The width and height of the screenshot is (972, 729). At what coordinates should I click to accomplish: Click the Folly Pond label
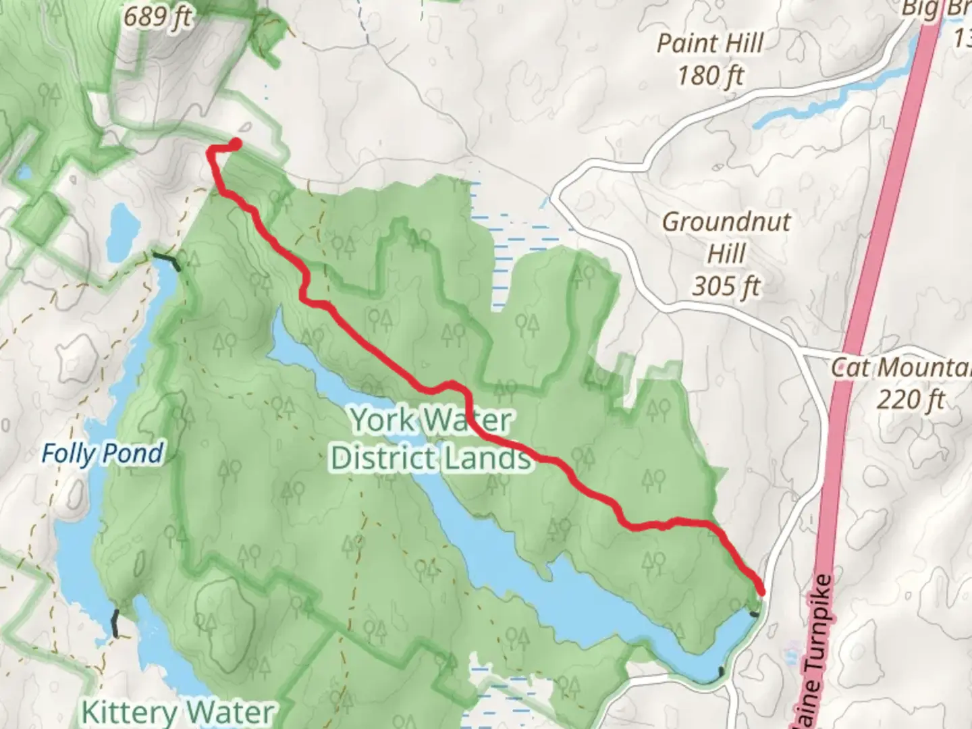102,454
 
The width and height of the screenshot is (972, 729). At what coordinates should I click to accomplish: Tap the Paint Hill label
710,44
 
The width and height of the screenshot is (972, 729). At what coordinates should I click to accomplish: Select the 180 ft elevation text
710,76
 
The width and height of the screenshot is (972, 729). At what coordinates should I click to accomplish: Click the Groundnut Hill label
726,238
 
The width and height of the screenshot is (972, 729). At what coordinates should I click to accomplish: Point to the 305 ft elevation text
726,287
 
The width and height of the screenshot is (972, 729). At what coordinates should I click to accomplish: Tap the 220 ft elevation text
911,400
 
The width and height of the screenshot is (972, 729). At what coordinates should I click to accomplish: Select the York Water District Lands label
431,439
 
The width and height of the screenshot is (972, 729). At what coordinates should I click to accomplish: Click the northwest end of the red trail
236,143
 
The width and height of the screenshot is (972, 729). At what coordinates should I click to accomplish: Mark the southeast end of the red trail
762,592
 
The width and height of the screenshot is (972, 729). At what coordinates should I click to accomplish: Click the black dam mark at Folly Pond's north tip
167,260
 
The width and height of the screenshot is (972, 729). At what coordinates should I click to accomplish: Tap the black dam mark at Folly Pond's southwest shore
116,623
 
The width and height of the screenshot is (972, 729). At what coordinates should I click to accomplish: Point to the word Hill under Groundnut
726,254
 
